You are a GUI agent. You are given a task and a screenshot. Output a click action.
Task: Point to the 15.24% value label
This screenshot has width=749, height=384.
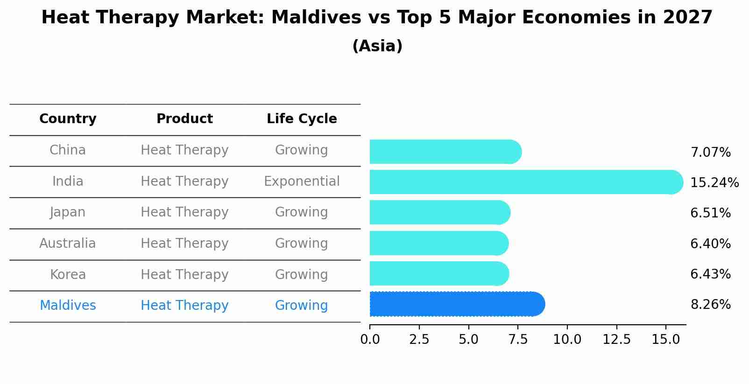(x=714, y=182)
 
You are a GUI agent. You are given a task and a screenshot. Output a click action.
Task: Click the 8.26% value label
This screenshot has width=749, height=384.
(x=710, y=305)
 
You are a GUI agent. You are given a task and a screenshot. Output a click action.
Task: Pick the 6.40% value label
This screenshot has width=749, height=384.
(x=710, y=244)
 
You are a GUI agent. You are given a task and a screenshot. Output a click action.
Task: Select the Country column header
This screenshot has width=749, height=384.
(x=68, y=119)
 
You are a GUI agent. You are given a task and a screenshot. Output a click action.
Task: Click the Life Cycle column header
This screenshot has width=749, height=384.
(x=302, y=119)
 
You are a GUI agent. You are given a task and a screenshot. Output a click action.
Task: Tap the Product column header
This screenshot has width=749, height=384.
(x=184, y=119)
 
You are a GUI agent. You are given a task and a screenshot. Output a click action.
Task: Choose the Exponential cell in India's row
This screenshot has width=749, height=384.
(x=302, y=181)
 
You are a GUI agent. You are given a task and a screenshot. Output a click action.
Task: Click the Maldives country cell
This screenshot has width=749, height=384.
(x=68, y=306)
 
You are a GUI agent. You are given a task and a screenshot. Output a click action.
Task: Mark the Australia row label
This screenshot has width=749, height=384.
(x=68, y=244)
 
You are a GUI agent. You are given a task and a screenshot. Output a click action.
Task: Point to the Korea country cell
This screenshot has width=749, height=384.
(x=68, y=274)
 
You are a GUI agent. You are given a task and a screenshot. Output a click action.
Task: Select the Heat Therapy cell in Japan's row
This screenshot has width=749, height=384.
(x=184, y=212)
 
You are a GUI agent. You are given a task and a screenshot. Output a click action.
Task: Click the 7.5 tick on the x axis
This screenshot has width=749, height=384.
(x=518, y=339)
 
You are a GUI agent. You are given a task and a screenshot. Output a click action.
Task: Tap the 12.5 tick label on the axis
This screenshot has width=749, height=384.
(x=616, y=339)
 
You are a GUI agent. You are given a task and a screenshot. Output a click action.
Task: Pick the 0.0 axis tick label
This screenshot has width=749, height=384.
(x=370, y=339)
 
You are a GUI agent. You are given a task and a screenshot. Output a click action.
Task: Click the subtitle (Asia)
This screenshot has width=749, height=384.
(x=377, y=46)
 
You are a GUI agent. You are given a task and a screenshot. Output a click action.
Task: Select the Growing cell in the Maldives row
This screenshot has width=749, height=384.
(x=302, y=306)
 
